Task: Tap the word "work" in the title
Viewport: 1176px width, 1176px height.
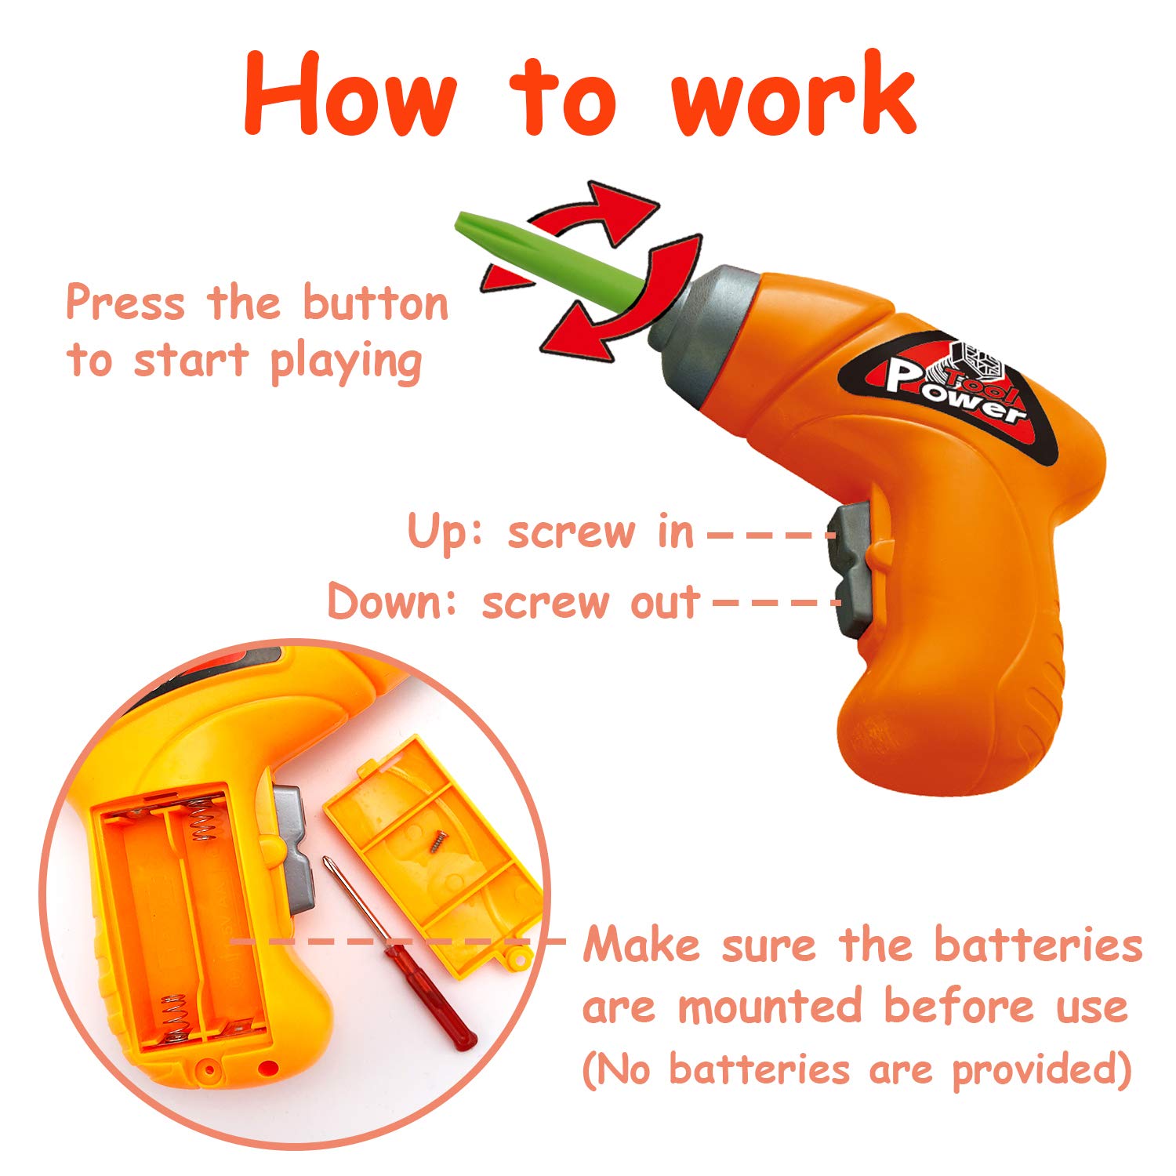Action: pos(793,94)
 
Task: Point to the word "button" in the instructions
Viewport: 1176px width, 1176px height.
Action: pos(376,303)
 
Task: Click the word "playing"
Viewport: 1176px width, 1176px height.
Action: pos(346,363)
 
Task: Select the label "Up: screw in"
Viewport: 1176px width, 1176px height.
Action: pos(551,532)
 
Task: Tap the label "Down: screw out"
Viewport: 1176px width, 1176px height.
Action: pos(514,602)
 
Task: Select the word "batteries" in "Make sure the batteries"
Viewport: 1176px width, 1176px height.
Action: pos(1038,944)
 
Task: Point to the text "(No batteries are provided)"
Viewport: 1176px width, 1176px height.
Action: pos(857,1069)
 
